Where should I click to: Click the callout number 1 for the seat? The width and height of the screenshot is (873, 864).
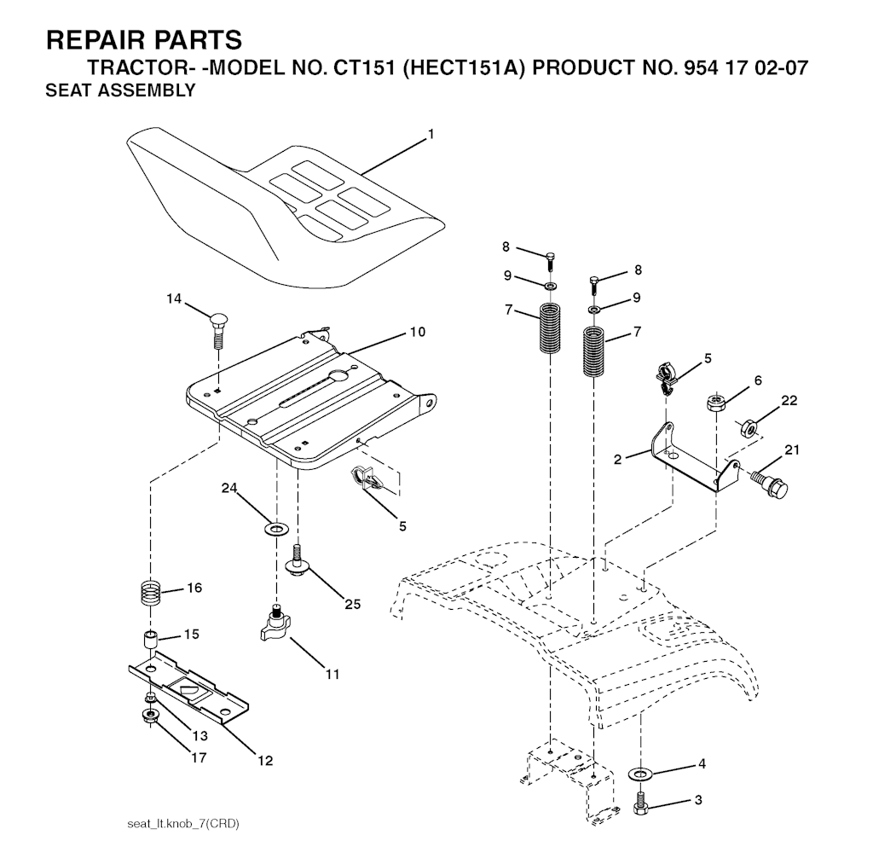point(431,134)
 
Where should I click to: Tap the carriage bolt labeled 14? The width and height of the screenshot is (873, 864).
point(217,328)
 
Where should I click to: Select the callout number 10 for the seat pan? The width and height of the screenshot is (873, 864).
point(417,331)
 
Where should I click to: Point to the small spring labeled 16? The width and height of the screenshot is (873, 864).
point(150,591)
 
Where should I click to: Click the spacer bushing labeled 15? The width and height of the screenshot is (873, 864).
point(150,639)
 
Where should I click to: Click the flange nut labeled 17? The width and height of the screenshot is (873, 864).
point(150,714)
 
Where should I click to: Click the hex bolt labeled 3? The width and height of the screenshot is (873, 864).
point(639,803)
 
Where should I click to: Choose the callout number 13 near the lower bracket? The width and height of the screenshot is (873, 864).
point(199,735)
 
